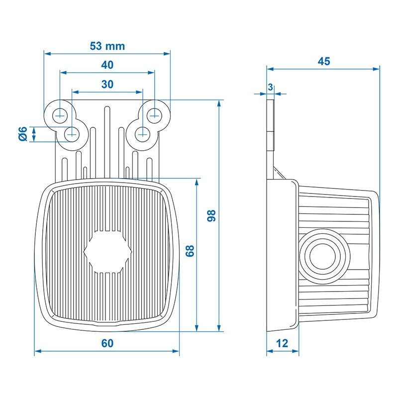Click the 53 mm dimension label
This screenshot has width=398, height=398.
pos(107,46)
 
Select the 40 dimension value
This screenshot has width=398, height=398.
pos(107,65)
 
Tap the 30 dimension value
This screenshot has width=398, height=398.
pos(107,84)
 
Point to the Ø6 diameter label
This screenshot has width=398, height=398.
pos(22,133)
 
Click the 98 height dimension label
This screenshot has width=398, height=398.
pos(211,215)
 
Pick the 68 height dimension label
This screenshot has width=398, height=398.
pos(190,250)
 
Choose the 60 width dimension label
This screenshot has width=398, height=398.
pos(107,343)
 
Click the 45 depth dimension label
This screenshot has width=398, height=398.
pos(324,61)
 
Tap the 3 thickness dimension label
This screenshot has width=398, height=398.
pos(270,87)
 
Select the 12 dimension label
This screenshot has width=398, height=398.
pos(282,343)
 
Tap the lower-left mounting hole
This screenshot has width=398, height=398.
pos(72,133)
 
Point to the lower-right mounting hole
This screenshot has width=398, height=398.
pos(143,133)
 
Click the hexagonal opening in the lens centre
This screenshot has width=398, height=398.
pos(107,251)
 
